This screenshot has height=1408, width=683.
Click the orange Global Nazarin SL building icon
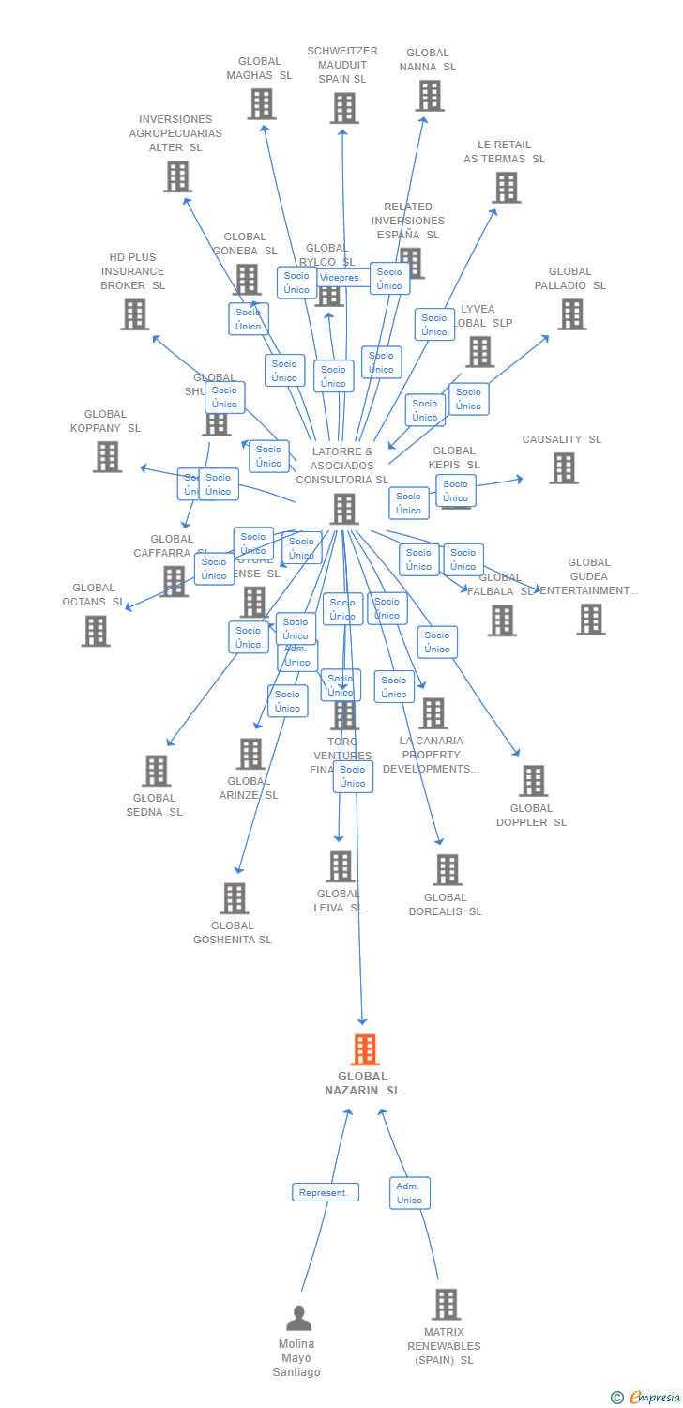[x=364, y=1049]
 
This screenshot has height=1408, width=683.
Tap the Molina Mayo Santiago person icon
[x=298, y=1318]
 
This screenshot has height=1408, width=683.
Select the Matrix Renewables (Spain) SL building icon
[x=446, y=1304]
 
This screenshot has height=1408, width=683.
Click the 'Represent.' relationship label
[x=326, y=1192]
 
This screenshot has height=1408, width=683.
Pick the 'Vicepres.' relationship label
[x=340, y=278]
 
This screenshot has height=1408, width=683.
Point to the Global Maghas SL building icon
[x=261, y=104]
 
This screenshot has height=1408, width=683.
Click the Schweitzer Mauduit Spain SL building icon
[x=343, y=108]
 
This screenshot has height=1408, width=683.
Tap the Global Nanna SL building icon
[x=429, y=96]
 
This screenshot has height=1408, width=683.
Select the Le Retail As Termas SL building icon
[x=506, y=188]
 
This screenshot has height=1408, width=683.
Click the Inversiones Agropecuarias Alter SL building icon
[x=177, y=176]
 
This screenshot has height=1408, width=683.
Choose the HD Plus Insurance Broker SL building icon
[x=135, y=314]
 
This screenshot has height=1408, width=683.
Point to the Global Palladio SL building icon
[x=571, y=314]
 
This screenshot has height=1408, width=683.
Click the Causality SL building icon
[x=563, y=468]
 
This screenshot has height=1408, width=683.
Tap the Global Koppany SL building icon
[x=107, y=456]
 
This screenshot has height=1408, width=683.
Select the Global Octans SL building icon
[x=95, y=631]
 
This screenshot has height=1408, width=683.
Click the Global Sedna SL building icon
[x=156, y=771]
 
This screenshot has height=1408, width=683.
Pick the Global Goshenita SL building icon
[x=234, y=898]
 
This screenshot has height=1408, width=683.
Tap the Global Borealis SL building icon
[x=447, y=870]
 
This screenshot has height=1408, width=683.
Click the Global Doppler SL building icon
[x=533, y=781]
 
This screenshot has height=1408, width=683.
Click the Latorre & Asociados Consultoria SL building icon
[x=343, y=509]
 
